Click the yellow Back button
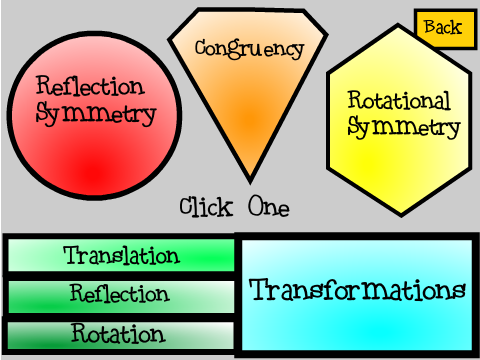(x=445, y=29)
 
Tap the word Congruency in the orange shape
(x=249, y=49)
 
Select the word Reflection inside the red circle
(x=90, y=86)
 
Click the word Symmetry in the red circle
(x=96, y=114)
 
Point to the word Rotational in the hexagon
(x=399, y=100)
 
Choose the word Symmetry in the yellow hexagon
(x=404, y=127)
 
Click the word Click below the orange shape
(x=206, y=207)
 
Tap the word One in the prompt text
(x=269, y=207)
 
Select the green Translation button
(x=121, y=256)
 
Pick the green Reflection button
(x=121, y=297)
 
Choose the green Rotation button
(x=120, y=335)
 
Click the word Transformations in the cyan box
(x=357, y=290)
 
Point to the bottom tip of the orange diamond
(x=250, y=182)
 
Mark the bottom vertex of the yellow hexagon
(x=401, y=216)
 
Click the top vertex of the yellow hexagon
(x=398, y=24)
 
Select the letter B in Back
(x=430, y=26)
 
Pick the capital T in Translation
(x=72, y=255)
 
